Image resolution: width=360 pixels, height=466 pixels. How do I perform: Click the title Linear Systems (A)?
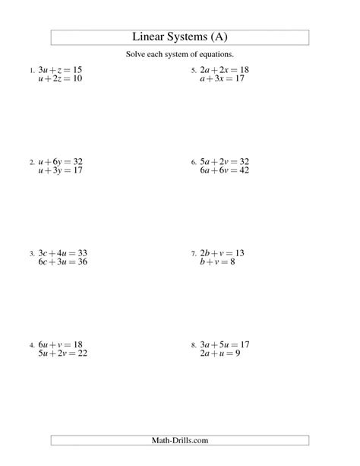tap(180, 37)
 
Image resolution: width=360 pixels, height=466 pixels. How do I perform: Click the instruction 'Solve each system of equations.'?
tap(180, 55)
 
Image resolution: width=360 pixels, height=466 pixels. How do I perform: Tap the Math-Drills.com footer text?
tap(180, 439)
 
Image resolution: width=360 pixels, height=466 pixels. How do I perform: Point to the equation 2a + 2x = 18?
tap(224, 70)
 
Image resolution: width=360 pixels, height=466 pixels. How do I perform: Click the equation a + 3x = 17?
tap(224, 78)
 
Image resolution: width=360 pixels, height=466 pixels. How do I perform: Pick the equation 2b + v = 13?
tap(222, 252)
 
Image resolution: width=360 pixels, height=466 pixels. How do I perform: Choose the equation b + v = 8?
tap(218, 261)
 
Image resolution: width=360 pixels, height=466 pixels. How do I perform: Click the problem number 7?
tap(194, 253)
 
